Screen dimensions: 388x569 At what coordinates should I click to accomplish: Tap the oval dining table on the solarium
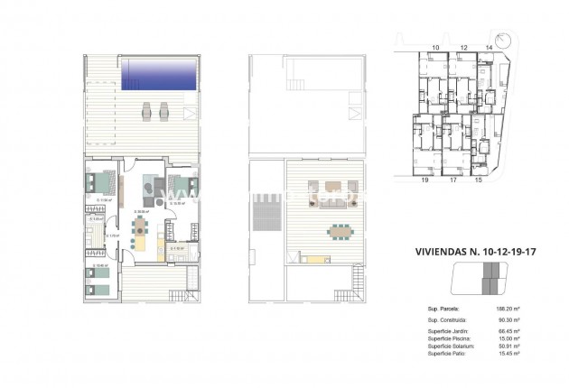pyautogui.click(x=341, y=231)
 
